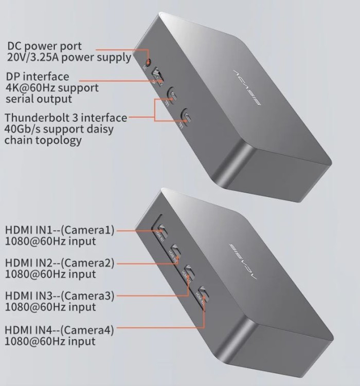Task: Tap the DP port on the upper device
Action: point(157,77)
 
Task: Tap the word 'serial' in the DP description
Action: point(19,99)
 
